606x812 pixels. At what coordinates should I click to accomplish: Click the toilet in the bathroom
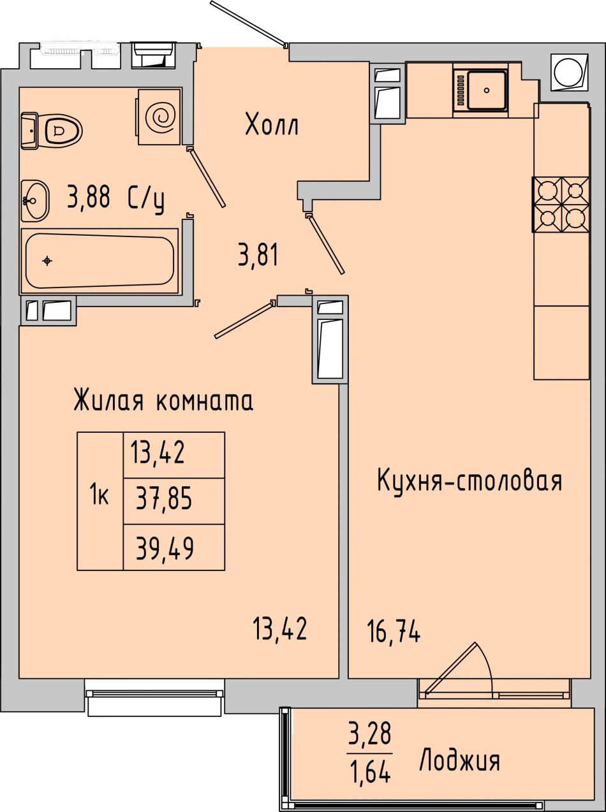(52, 131)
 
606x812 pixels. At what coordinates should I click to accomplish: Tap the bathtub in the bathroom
(100, 261)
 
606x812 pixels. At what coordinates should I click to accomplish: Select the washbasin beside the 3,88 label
(35, 201)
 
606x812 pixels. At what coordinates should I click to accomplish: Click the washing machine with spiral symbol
(160, 117)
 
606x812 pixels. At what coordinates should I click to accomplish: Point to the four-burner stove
(561, 205)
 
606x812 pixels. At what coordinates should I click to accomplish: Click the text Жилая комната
(163, 400)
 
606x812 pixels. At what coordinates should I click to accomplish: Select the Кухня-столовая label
(469, 481)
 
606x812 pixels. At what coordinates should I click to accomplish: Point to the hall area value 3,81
(258, 254)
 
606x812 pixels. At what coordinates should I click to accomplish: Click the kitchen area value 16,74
(394, 631)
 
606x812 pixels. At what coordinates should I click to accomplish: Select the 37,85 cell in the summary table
(174, 501)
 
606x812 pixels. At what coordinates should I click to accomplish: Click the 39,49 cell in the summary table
(174, 547)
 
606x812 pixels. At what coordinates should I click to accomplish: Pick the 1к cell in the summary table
(100, 501)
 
